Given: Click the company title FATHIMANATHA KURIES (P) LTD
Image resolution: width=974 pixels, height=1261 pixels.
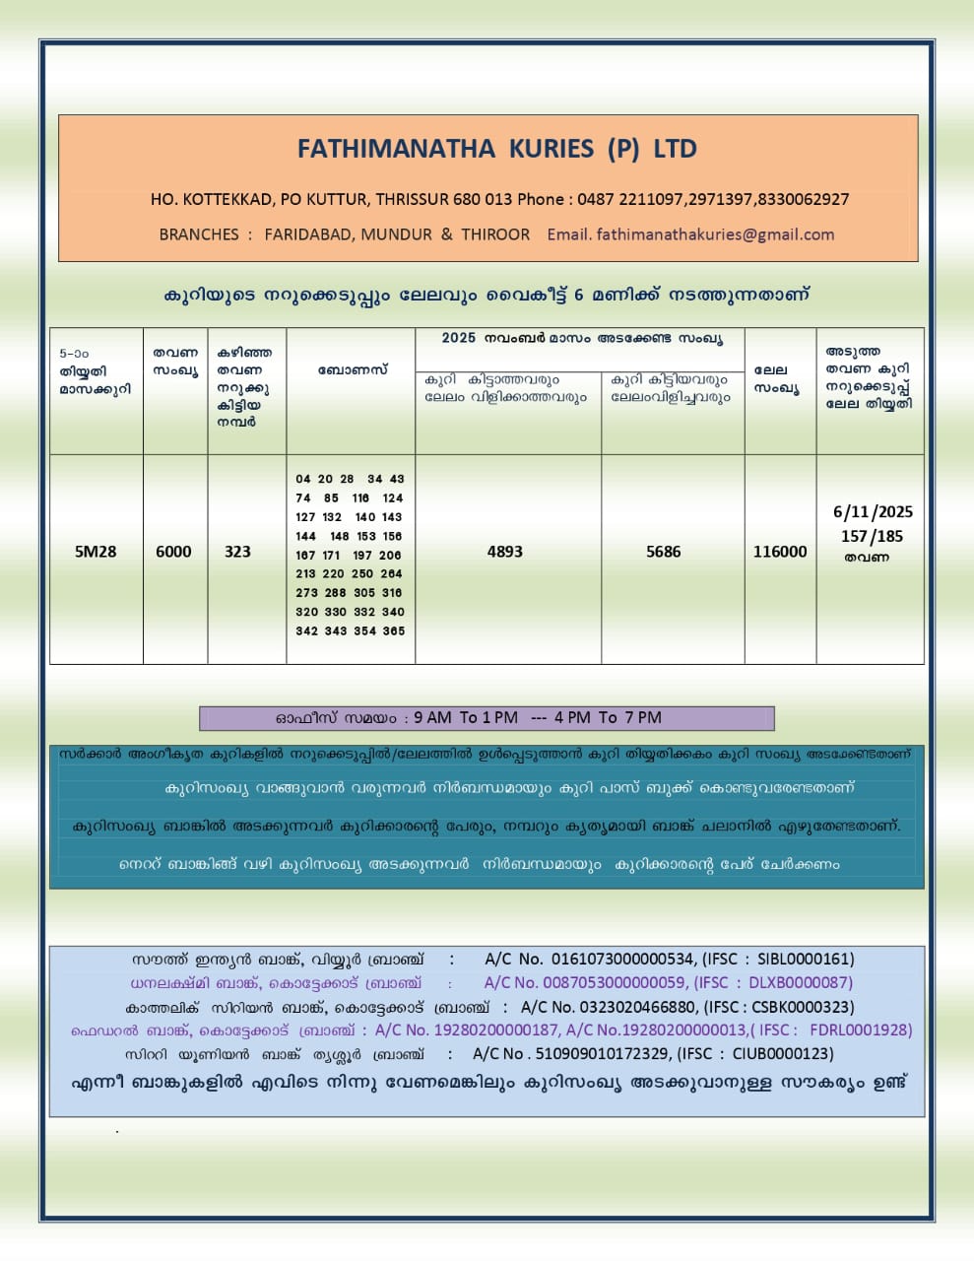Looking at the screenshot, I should [497, 149].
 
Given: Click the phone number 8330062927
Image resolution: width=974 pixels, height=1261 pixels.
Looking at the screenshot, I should [804, 199].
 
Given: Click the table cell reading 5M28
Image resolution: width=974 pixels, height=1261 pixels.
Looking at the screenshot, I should [96, 552].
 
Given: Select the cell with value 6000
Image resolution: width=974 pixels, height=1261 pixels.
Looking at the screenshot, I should [174, 552].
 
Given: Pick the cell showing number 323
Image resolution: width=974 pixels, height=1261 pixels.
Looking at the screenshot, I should [237, 552].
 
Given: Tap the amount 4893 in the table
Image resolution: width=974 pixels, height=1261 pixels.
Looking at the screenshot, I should [505, 552].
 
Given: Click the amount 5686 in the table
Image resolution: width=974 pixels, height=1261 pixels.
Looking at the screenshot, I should [664, 552].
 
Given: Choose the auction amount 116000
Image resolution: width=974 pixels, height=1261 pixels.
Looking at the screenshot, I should [780, 552].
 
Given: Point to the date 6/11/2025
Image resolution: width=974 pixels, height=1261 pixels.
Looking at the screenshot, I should [873, 512].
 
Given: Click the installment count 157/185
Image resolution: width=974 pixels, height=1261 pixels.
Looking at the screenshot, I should [873, 537].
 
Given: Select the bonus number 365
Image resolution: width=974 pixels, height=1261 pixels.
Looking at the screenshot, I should [394, 631].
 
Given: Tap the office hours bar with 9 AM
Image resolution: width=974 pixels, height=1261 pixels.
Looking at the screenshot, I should [487, 718].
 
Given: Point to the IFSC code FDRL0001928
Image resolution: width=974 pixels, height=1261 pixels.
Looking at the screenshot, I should [860, 1030].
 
